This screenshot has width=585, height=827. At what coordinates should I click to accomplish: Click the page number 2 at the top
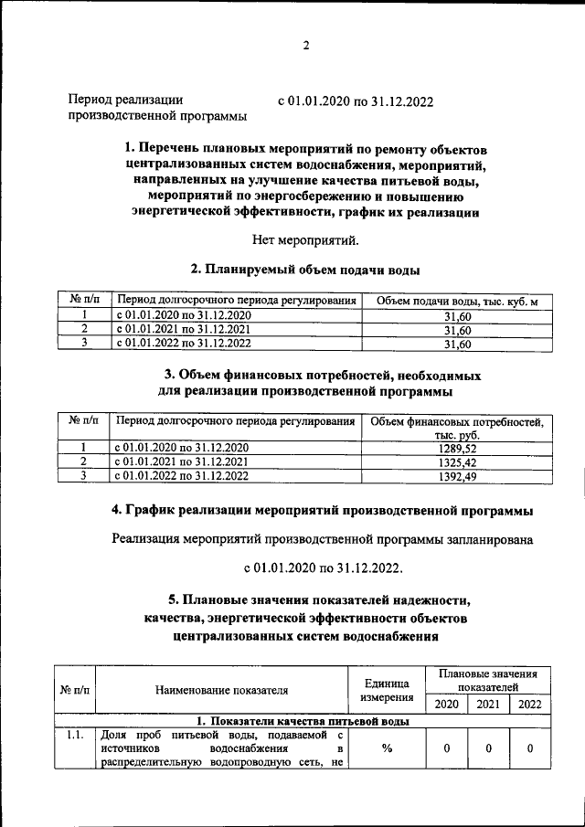point(307,45)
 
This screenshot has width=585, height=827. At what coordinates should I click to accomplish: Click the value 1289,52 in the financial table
point(457,448)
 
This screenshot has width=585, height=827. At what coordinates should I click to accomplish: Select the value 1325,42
point(457,462)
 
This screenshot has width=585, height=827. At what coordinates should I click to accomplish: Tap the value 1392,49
point(457,476)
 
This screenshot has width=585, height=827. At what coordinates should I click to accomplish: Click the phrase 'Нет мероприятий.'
point(306,241)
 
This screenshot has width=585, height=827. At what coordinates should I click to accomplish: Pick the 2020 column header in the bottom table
point(446,704)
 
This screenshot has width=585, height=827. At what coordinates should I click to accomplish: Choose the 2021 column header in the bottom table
point(488,704)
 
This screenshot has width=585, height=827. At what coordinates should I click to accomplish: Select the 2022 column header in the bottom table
point(529,704)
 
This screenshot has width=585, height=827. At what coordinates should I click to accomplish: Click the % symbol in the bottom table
point(387,748)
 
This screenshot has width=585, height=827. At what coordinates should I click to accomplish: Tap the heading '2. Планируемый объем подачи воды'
point(305,270)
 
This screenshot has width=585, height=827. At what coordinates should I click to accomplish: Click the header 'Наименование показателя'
point(222,689)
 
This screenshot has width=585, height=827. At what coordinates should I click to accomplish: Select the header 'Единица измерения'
point(387,689)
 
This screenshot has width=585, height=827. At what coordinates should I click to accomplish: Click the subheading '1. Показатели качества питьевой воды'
point(302,720)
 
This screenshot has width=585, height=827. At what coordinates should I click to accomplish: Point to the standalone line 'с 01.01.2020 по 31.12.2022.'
point(324,568)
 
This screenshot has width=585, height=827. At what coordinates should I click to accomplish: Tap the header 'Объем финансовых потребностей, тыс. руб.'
point(457,428)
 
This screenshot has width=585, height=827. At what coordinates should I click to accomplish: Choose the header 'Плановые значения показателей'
point(488,679)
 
